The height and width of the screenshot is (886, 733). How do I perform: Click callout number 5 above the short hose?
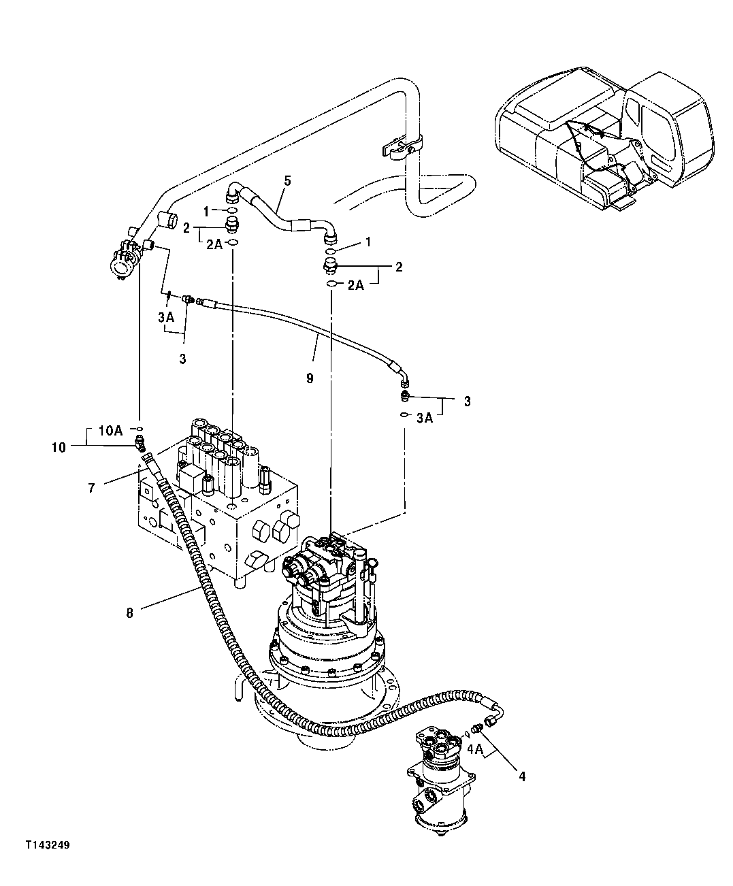tap(287, 180)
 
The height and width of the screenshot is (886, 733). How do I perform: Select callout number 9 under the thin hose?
tap(310, 378)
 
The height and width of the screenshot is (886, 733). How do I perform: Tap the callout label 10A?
tap(110, 430)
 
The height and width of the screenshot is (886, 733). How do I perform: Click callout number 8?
tap(130, 612)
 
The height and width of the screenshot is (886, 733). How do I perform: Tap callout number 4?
tap(522, 775)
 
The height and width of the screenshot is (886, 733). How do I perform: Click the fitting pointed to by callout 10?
tap(139, 446)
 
